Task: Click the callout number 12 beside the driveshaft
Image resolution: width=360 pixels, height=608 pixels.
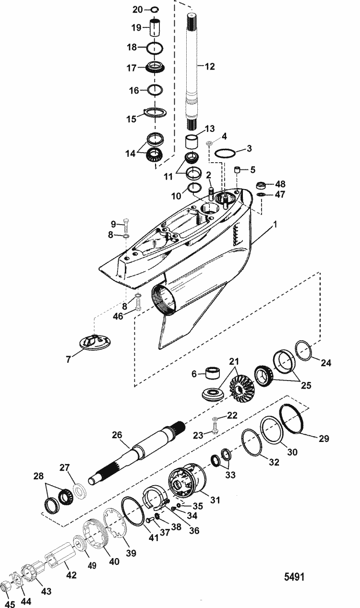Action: tap(210, 68)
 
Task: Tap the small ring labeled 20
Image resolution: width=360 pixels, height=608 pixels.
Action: tap(155, 9)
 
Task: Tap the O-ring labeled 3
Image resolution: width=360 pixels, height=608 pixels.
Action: tap(225, 154)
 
